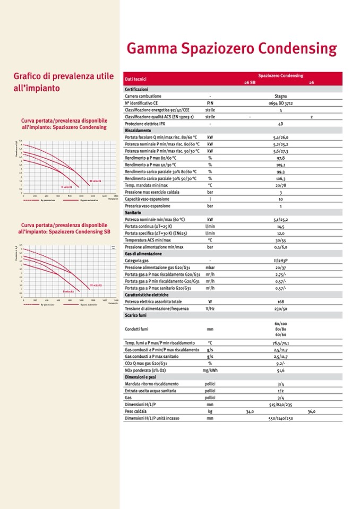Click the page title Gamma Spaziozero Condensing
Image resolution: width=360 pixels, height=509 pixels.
[232, 49]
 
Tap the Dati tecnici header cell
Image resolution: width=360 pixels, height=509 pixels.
[135, 79]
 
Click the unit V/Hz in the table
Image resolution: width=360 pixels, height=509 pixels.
[210, 308]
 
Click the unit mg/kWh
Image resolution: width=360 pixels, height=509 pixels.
[210, 370]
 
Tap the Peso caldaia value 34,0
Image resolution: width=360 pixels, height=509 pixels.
[250, 411]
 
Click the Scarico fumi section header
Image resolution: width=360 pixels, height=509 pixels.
[136, 315]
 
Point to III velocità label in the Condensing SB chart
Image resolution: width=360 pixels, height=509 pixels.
[95, 285]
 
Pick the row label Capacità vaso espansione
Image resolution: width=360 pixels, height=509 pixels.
[148, 199]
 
